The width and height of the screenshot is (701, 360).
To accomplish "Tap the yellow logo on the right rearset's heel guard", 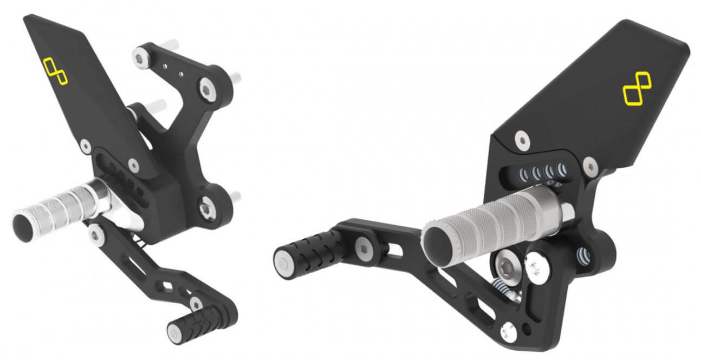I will tap(636, 91).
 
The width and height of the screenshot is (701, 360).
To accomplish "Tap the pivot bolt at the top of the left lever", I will tap(97, 234).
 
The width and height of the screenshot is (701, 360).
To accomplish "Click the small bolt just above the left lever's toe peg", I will tap(194, 301).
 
